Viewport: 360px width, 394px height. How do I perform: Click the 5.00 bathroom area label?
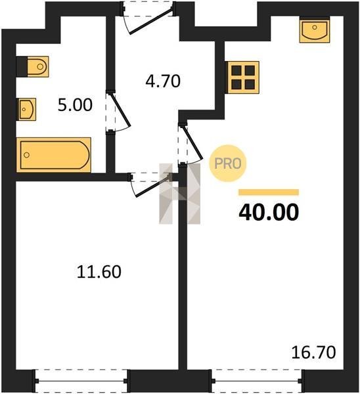pos(75,105)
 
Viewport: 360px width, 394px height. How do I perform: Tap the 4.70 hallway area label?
pos(163,81)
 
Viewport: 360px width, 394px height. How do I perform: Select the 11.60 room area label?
pos(99,272)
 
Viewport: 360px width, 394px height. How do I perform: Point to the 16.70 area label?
pos(313,352)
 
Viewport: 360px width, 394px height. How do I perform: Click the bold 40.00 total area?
pos(269,212)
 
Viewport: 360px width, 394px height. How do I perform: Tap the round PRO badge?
pos(228,164)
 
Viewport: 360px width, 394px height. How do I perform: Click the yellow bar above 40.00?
pos(269,192)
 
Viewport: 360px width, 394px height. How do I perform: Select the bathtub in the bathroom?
pos(54,155)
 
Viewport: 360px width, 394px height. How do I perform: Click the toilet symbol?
pos(37,66)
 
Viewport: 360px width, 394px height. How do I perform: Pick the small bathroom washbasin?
pos(26,109)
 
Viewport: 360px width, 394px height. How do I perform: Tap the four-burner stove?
pos(243,77)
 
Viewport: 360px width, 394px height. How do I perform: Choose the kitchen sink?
pos(315,30)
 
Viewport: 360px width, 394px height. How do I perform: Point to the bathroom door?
pos(118,111)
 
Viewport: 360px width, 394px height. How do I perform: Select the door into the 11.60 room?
pos(150,185)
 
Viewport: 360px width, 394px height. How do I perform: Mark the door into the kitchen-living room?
pos(191,144)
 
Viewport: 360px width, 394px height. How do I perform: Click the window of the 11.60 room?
pos(81,381)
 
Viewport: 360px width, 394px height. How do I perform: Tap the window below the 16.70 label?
pos(257,381)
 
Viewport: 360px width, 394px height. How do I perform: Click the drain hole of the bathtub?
pos(27,155)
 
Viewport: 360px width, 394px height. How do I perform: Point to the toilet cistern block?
pos(22,66)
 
